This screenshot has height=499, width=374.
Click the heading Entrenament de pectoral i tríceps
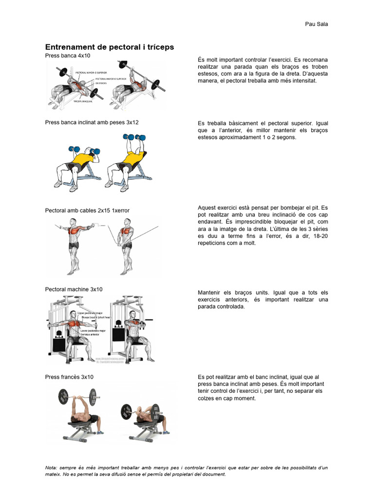(x=109, y=47)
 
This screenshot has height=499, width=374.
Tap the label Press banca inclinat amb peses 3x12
(x=92, y=122)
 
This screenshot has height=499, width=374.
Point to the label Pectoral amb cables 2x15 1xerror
(x=87, y=211)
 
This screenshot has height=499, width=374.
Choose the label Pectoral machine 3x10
(x=74, y=289)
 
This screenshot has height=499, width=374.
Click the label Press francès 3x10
(x=69, y=377)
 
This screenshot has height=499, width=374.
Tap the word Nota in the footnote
(x=51, y=468)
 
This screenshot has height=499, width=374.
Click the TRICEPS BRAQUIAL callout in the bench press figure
(x=84, y=102)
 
